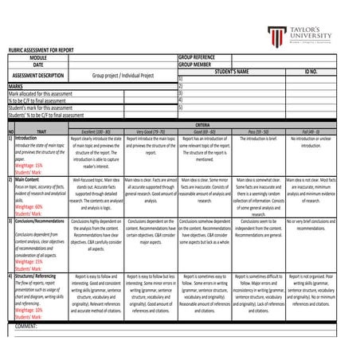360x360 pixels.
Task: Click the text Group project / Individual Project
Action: pos(123,76)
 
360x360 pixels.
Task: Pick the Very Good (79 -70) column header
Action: pos(151,131)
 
